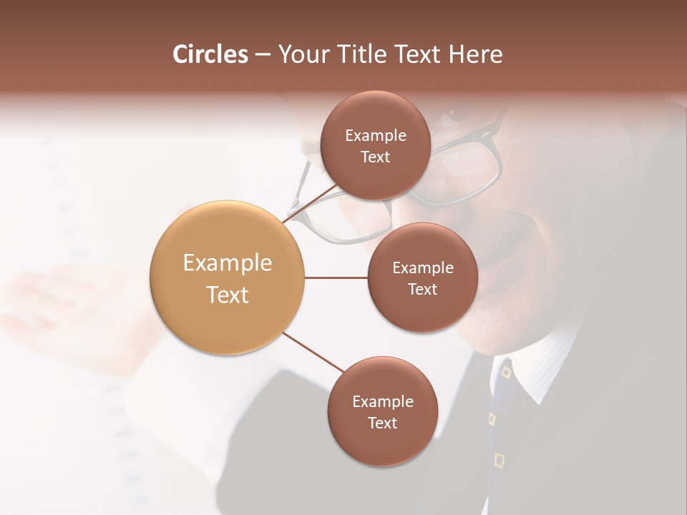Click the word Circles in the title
[210, 54]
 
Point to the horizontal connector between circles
[336, 278]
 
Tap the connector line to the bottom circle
[313, 352]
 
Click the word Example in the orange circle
[227, 263]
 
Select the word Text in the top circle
[375, 157]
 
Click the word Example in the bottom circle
[382, 402]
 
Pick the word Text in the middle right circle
[422, 290]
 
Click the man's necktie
[501, 415]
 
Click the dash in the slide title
[263, 55]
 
